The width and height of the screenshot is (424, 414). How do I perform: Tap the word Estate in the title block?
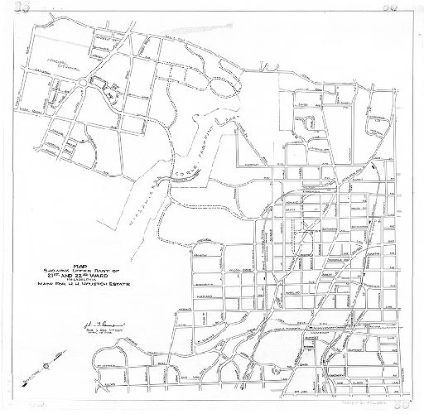[115, 287]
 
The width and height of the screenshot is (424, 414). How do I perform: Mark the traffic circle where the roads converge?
[87, 83]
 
